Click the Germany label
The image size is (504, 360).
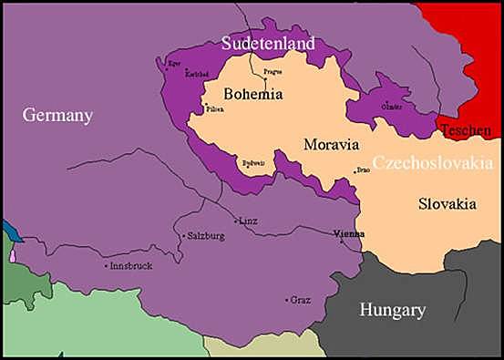pyautogui.click(x=57, y=116)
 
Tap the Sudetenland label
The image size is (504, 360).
pyautogui.click(x=269, y=43)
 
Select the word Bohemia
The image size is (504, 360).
pyautogui.click(x=253, y=93)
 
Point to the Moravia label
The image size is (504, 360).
pyautogui.click(x=331, y=145)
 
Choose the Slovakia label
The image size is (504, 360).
pyautogui.click(x=447, y=204)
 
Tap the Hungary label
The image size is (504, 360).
pyautogui.click(x=392, y=310)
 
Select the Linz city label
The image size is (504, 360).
pyautogui.click(x=248, y=221)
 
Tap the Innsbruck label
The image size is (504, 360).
pyautogui.click(x=130, y=266)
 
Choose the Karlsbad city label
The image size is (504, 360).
pyautogui.click(x=195, y=75)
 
